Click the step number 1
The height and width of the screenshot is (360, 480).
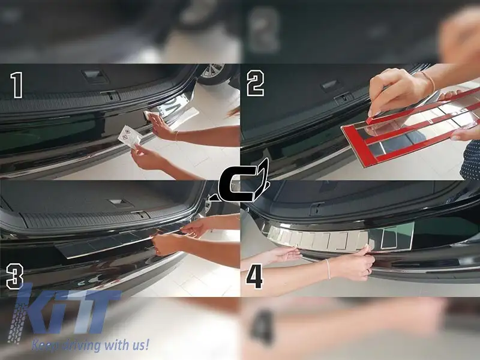click(17, 85)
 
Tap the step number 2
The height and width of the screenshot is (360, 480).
click(256, 83)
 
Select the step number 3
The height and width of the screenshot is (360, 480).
click(14, 277)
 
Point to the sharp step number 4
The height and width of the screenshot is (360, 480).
click(254, 276)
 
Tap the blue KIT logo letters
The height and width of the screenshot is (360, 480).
click(63, 313)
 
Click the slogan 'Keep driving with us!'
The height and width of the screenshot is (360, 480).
click(91, 345)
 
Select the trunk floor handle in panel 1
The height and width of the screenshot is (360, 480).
click(94, 76)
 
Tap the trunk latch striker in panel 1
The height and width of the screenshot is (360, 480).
click(111, 95)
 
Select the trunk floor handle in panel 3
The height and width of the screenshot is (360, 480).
click(121, 203)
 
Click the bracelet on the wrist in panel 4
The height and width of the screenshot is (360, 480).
click(328, 269)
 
